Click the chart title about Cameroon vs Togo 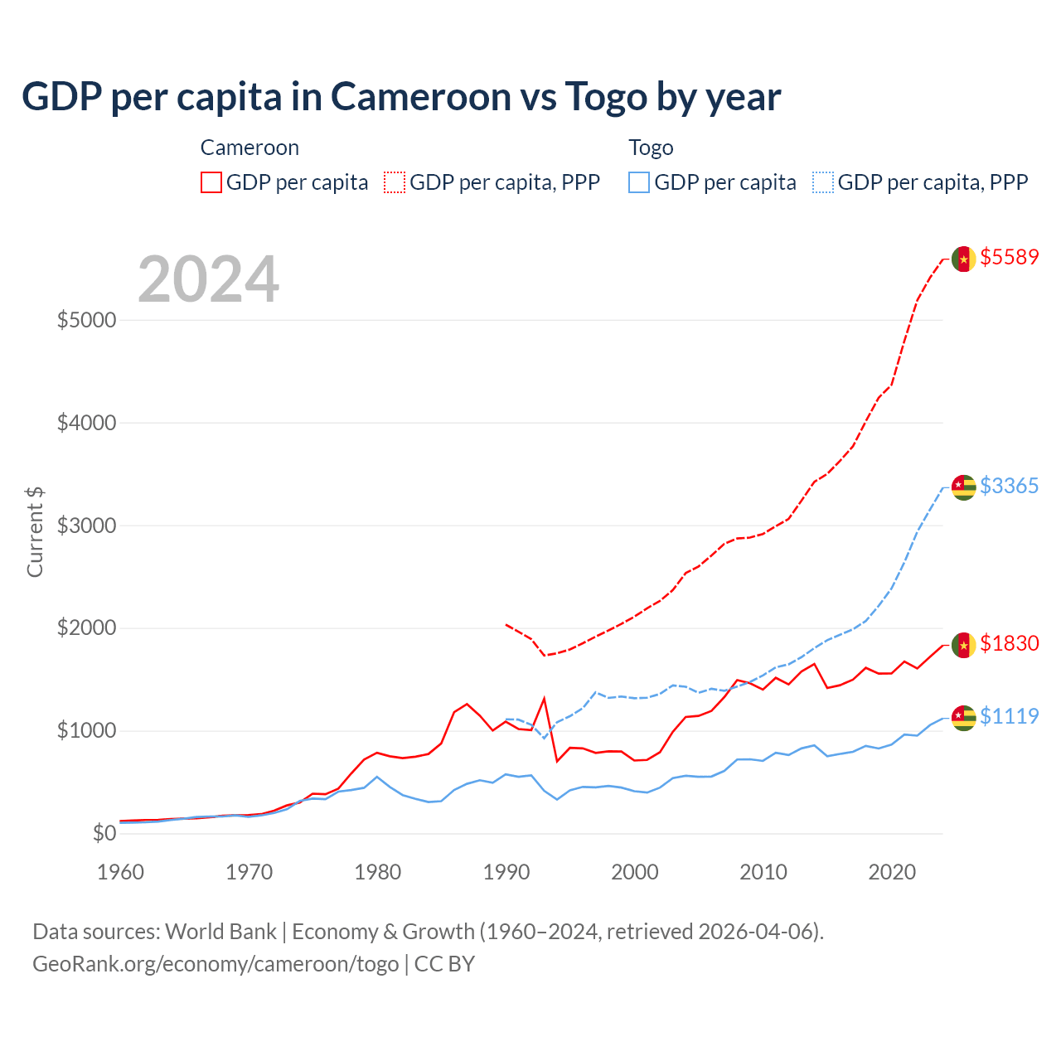[401, 97]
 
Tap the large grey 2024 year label [208, 279]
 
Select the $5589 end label [1009, 257]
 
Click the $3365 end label [1009, 486]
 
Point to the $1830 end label [1009, 643]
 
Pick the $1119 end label [1009, 716]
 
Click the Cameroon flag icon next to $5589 [963, 259]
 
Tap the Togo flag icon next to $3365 [963, 487]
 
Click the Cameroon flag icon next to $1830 [963, 645]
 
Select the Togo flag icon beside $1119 [963, 718]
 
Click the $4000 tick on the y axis [86, 424]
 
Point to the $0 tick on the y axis [104, 834]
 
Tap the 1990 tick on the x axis [506, 872]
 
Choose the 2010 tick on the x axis [763, 872]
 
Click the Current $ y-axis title [35, 531]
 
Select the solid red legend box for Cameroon [211, 182]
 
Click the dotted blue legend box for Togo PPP [823, 182]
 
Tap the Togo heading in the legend [651, 148]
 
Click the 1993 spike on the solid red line [544, 699]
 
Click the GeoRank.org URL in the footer [216, 964]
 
